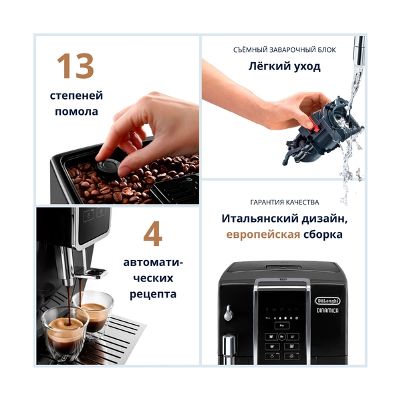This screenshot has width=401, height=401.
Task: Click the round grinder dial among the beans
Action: tap(106, 168)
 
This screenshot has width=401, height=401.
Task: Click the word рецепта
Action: tap(153, 294)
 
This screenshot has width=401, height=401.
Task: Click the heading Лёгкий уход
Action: tap(284, 67)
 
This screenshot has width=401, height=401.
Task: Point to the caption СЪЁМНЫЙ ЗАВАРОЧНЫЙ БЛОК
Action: tap(284, 50)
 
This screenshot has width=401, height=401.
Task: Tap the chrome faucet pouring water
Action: tap(359, 47)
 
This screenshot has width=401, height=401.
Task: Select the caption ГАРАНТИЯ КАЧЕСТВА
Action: tap(284, 202)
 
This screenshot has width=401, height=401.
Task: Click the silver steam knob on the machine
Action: tap(229, 312)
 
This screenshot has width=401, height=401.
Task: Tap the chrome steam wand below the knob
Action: tap(229, 348)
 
